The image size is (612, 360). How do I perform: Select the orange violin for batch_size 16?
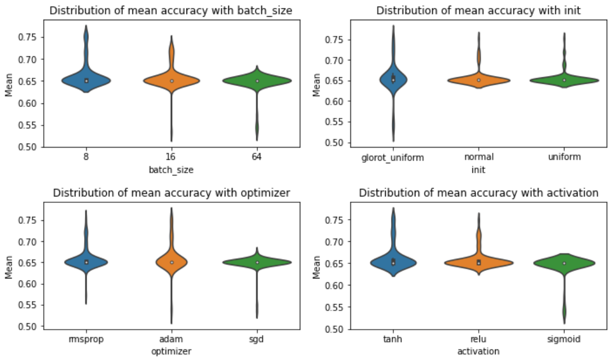(172, 81)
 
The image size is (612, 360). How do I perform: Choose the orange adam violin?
(172, 262)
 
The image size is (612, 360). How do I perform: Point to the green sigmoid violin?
(564, 262)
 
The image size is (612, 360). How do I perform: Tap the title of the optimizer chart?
(171, 193)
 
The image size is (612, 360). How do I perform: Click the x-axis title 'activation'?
(478, 351)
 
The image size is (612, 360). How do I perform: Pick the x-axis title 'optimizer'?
(171, 351)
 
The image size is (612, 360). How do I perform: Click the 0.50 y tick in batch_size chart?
(31, 147)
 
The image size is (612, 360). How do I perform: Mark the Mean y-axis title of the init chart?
(317, 85)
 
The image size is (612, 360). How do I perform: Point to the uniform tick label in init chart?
(564, 157)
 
